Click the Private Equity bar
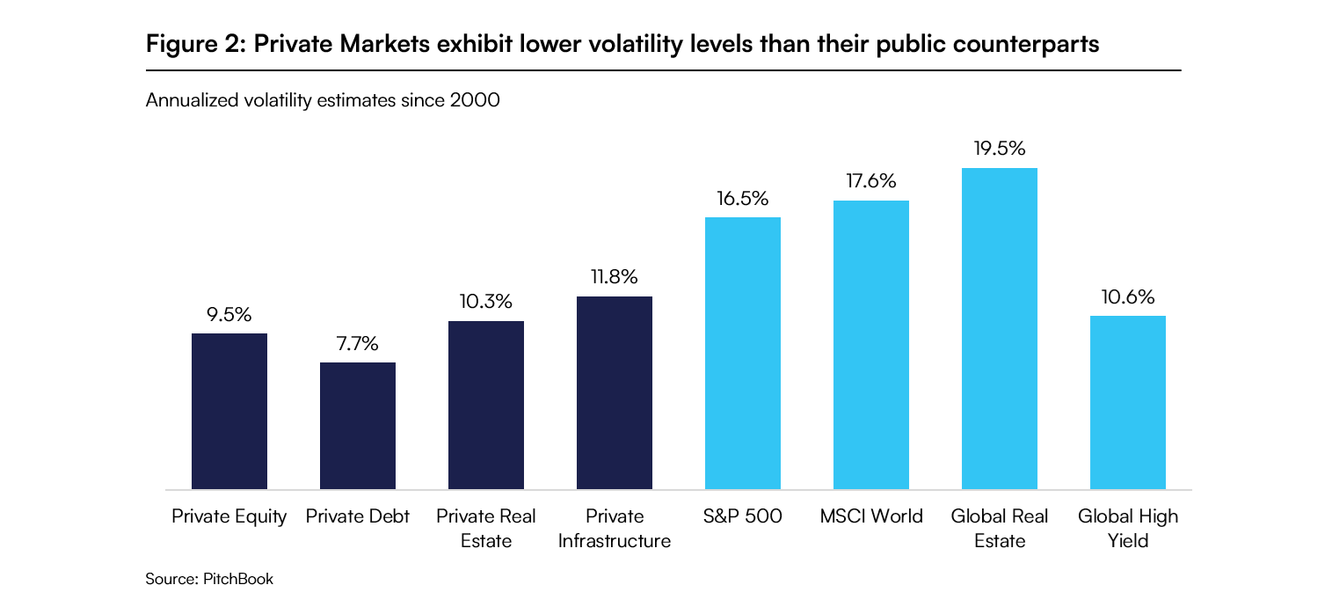coord(229,411)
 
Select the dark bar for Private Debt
coord(357,426)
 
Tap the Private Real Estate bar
coord(485,405)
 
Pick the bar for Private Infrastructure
coord(614,392)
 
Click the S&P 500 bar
coord(742,353)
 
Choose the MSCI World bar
coord(870,345)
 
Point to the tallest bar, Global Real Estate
coord(999,328)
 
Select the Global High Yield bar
coord(1127,402)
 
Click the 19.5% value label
coord(999,149)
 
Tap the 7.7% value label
coord(357,344)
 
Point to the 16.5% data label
coord(742,198)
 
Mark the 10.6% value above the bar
coord(1127,297)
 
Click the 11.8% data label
coord(614,278)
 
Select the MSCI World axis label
coord(870,516)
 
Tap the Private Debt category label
coord(357,516)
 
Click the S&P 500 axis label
coord(742,516)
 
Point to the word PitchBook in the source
coord(238,579)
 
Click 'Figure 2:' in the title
coord(195,44)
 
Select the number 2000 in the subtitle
coord(475,101)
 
